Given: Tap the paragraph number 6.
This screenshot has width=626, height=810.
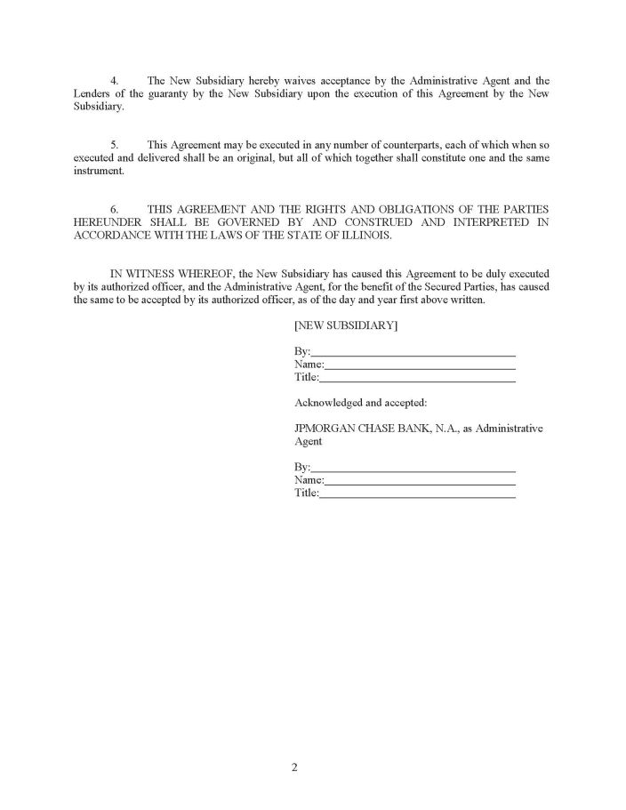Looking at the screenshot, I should (114, 208).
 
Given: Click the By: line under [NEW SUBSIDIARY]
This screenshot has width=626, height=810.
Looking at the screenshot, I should (413, 351).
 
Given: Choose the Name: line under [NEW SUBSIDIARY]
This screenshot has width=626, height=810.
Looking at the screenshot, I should (419, 364).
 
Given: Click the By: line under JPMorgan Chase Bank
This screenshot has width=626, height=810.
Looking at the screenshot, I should (413, 467).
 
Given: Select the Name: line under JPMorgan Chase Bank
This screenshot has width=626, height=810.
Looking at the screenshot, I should (419, 480).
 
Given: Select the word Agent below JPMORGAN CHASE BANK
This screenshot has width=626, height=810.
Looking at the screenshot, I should (308, 441).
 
